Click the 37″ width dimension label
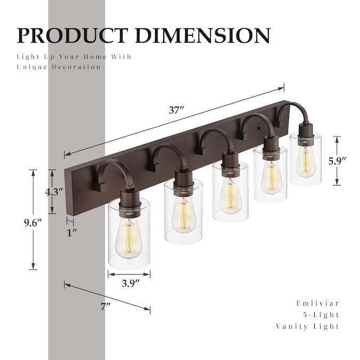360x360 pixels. pyautogui.click(x=176, y=111)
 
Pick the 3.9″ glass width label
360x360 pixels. pyautogui.click(x=129, y=284)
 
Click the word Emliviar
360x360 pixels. pyautogui.click(x=317, y=303)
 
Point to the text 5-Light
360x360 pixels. pyautogui.click(x=324, y=315)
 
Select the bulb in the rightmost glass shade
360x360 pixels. pyautogui.click(x=305, y=158)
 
